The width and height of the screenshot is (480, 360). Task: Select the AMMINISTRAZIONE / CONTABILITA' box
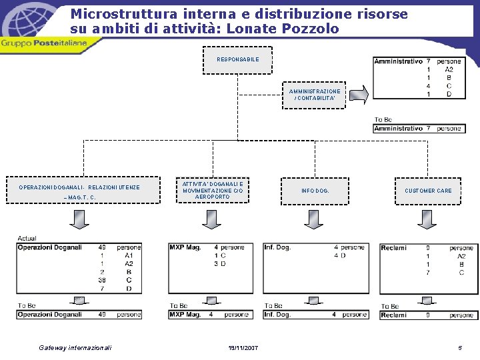pos(314,95)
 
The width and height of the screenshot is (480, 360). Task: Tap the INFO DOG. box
pos(315,191)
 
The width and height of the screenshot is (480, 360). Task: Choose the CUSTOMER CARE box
pos(427,191)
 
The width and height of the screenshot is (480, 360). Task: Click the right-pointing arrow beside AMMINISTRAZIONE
pos(359,95)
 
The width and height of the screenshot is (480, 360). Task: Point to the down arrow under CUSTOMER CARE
pos(427,218)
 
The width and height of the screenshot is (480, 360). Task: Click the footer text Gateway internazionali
pos(75,348)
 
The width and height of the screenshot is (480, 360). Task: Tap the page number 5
pos(460,348)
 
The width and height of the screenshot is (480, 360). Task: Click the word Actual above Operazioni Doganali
pos(27,238)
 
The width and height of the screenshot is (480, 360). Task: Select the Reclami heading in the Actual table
pos(393,247)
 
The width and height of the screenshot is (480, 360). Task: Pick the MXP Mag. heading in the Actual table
pos(185,247)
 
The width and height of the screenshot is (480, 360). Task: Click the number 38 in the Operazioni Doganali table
pos(101,280)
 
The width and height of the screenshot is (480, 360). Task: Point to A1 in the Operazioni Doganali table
pos(129,255)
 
